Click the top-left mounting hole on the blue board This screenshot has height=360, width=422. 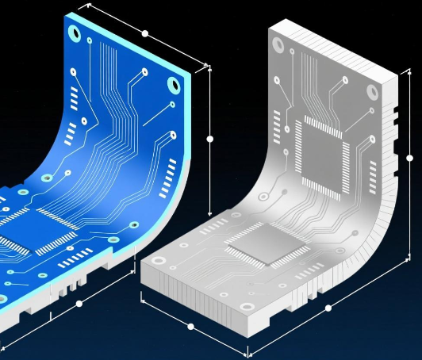(x=74, y=33)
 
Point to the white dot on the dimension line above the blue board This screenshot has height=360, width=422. (x=144, y=33)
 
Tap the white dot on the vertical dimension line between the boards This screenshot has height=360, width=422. (x=210, y=139)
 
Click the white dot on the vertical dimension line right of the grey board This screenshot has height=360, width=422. (x=410, y=159)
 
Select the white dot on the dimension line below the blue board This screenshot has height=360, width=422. (x=79, y=304)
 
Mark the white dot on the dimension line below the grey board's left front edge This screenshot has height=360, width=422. (x=190, y=326)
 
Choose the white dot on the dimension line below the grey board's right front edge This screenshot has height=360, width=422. (x=328, y=308)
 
